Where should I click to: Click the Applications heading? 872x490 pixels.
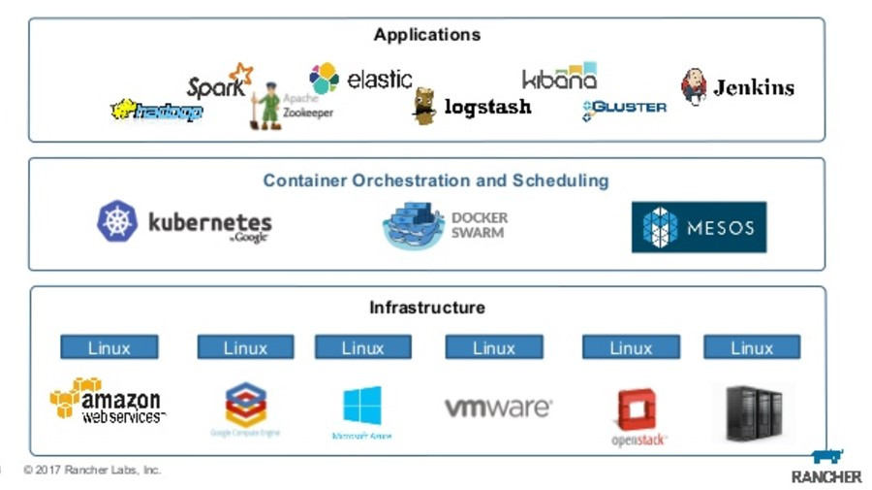click(x=426, y=35)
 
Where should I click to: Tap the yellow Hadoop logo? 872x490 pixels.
click(x=157, y=112)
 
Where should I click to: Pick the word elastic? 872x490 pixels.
click(x=379, y=80)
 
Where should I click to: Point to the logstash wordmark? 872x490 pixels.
click(x=486, y=107)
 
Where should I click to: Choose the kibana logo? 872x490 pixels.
click(x=559, y=78)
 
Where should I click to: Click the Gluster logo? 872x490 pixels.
click(x=624, y=109)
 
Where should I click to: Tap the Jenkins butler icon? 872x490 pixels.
click(x=694, y=87)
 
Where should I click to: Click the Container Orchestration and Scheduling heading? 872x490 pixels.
click(x=435, y=180)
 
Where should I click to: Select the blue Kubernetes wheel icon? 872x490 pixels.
click(x=117, y=221)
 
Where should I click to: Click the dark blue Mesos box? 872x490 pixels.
click(x=698, y=227)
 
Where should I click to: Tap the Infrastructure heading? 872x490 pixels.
click(x=426, y=308)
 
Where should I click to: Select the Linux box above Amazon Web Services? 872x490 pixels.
click(x=109, y=347)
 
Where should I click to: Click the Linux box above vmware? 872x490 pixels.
click(x=493, y=347)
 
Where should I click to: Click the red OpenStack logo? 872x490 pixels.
click(x=637, y=410)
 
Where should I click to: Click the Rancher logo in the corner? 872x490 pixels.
click(x=825, y=467)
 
